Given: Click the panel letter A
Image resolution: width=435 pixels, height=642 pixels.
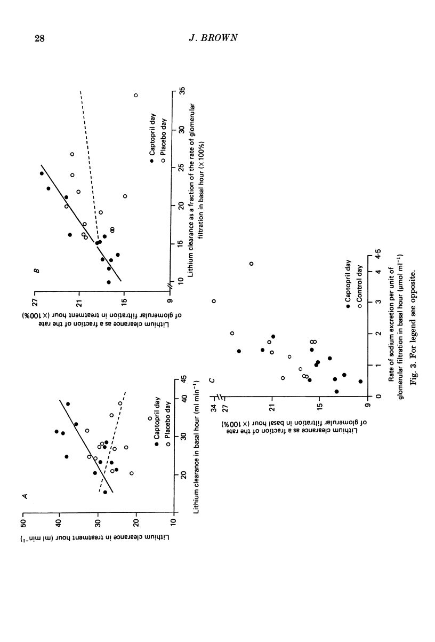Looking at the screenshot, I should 25,496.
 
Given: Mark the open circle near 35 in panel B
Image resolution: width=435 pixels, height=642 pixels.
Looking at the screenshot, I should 136,96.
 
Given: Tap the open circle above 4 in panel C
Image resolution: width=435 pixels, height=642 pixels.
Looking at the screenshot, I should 251,263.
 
